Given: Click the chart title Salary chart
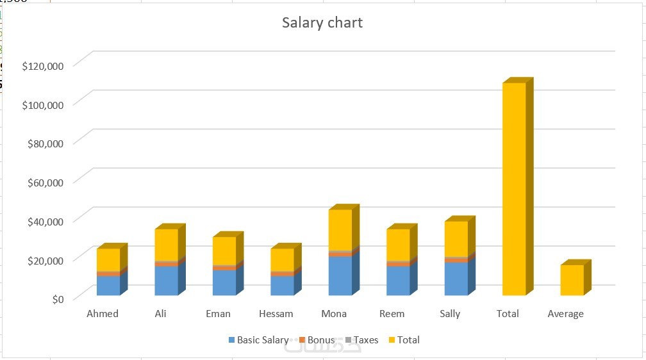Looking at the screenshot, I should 322,23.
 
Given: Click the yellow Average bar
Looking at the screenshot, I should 572,280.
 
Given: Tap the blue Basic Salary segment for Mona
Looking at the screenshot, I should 340,275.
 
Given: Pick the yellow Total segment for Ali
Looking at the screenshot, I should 166,245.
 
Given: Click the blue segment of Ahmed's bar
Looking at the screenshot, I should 108,286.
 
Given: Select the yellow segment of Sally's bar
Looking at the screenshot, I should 456,238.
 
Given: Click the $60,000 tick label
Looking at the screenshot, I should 45,182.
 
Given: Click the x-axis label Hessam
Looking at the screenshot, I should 276,314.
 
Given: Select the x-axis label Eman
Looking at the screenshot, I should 218,314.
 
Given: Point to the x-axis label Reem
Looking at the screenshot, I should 392,314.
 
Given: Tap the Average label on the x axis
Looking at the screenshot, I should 565,314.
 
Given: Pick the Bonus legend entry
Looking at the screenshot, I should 320,340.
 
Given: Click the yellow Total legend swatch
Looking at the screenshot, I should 392,340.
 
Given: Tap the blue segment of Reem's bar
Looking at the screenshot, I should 398,281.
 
